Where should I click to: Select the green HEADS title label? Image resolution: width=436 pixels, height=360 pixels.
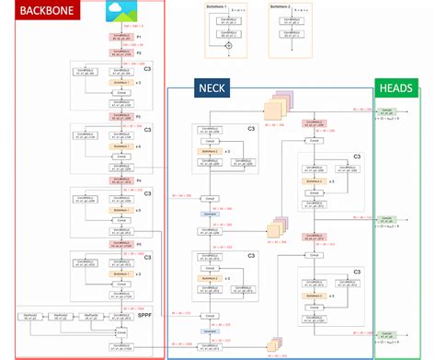tap(396, 88)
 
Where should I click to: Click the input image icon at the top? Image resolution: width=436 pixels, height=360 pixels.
tap(120, 11)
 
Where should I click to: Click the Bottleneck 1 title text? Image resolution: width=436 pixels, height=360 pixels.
tap(222, 6)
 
